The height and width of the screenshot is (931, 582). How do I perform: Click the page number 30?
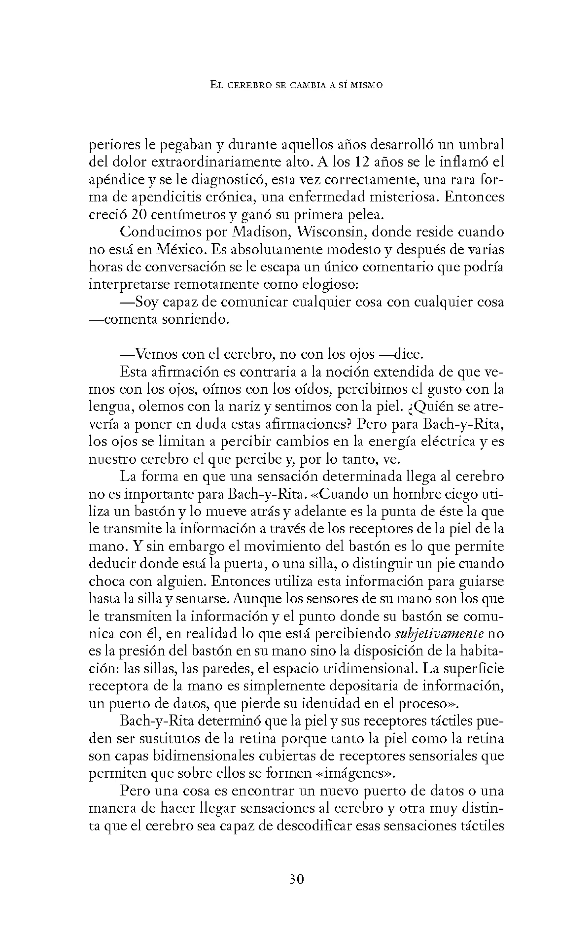296,880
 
